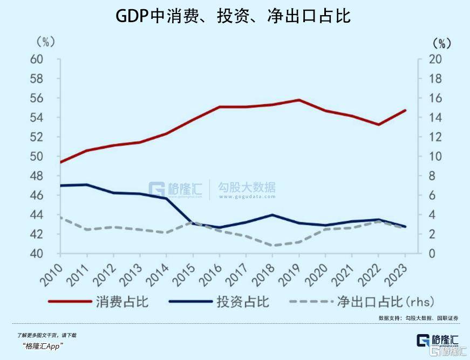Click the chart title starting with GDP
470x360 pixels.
point(234,16)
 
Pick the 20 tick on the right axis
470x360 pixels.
point(435,59)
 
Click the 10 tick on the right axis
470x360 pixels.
point(435,157)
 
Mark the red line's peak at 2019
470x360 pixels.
point(299,100)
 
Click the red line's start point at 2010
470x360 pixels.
point(60,162)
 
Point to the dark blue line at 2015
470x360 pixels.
point(193,223)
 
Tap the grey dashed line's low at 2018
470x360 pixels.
point(273,246)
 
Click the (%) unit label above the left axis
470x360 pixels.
point(46,42)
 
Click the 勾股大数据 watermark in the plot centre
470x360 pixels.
point(246,188)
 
